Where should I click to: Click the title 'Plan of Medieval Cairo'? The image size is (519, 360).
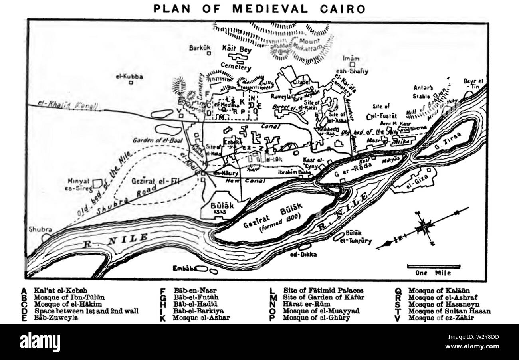(259, 8)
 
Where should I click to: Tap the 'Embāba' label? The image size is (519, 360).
(184, 269)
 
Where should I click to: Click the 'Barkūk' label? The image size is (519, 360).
(200, 48)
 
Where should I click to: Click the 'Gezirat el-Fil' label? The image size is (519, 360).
(155, 181)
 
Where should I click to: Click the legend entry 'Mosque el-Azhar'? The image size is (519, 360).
(201, 318)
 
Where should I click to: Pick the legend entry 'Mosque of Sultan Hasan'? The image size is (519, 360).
(449, 311)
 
